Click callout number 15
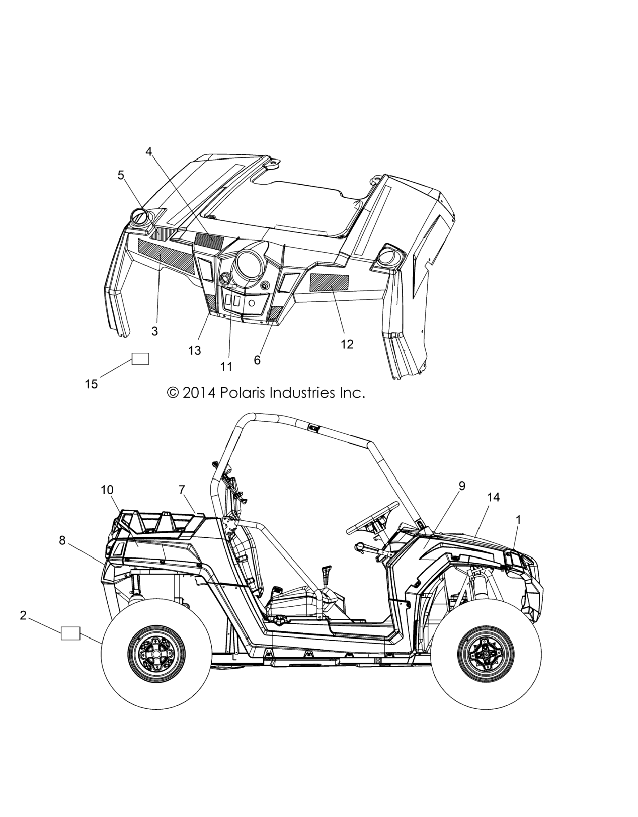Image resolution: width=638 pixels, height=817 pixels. click(x=91, y=384)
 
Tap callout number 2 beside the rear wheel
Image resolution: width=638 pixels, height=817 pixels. click(x=23, y=615)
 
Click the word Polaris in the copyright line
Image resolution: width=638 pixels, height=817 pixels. click(x=243, y=393)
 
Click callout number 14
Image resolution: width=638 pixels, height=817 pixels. click(x=494, y=497)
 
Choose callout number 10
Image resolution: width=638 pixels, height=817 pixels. click(x=107, y=490)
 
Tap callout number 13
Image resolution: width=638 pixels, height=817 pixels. click(x=195, y=350)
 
